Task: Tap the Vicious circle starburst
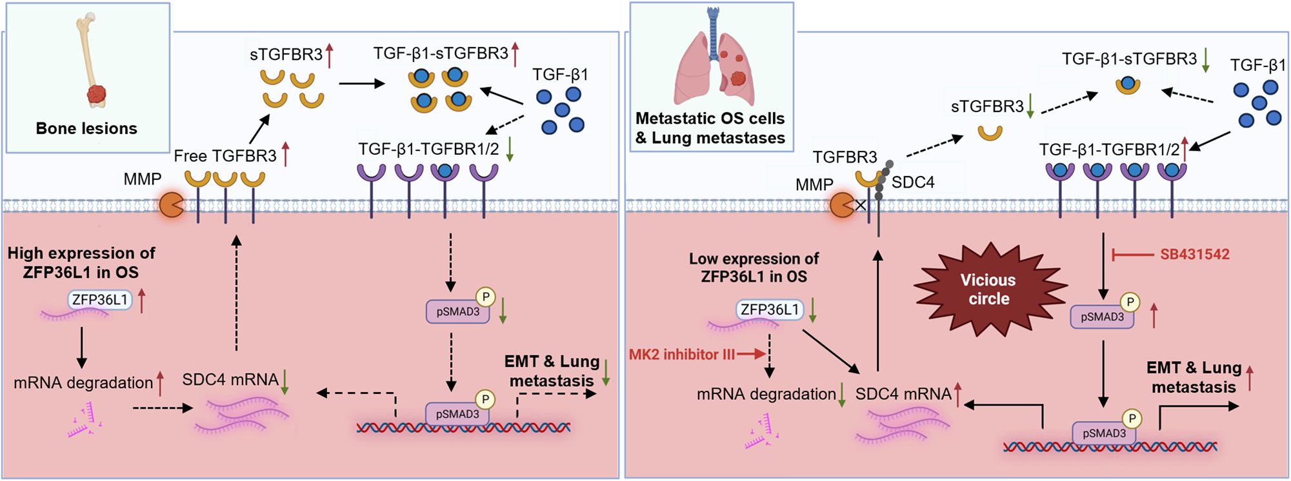(x=988, y=290)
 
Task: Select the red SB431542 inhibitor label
(x=1194, y=255)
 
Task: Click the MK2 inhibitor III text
(x=682, y=355)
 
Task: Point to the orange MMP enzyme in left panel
(x=172, y=204)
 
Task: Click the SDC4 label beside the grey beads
(x=913, y=182)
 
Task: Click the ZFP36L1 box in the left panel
(x=99, y=300)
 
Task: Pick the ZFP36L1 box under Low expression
(x=770, y=310)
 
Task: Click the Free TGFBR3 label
(x=225, y=156)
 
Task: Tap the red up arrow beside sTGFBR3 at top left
(x=329, y=55)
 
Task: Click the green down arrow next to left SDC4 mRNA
(x=285, y=382)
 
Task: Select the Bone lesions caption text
(x=86, y=128)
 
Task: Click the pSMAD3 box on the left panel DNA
(x=457, y=414)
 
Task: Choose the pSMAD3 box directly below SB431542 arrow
(x=1102, y=317)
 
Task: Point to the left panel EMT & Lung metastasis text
(x=552, y=371)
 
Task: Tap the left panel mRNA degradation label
(x=83, y=383)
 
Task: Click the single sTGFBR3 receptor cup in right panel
(x=990, y=133)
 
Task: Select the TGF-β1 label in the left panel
(x=560, y=75)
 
